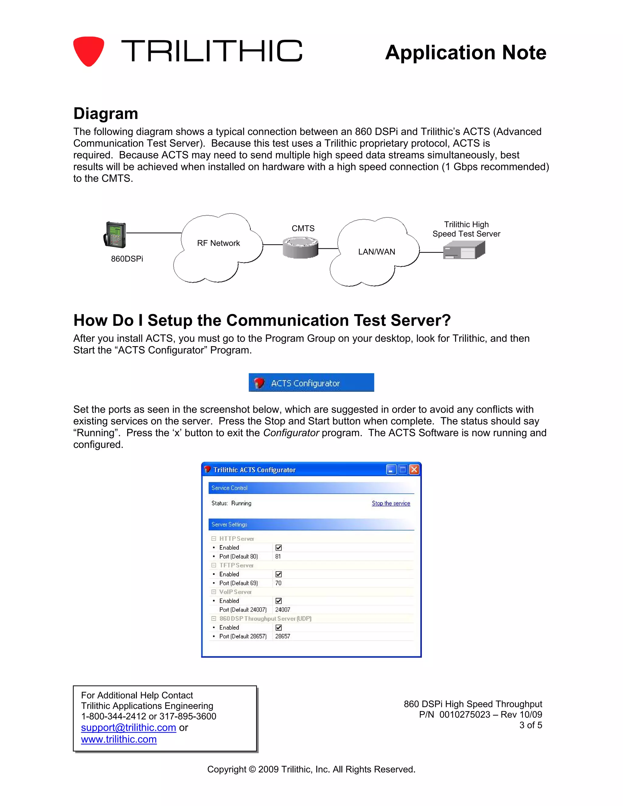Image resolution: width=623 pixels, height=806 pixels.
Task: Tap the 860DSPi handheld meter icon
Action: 115,235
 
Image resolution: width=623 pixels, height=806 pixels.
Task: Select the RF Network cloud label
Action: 218,243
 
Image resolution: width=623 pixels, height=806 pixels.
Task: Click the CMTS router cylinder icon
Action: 301,247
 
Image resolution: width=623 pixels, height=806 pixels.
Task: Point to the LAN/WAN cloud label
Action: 377,252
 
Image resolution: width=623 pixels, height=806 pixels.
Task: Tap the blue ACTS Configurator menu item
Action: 311,383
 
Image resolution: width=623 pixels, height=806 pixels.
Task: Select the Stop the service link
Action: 391,503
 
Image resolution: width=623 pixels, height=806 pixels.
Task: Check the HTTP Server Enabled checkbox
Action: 279,548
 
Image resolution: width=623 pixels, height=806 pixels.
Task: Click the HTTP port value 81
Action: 278,557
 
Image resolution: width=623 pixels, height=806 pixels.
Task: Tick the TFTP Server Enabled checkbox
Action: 279,574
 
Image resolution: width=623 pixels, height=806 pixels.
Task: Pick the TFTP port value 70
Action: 278,583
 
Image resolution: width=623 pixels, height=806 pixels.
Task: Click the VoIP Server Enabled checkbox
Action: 279,601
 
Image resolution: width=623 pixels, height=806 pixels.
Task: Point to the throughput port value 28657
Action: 283,636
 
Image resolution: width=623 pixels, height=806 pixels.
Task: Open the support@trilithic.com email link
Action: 128,728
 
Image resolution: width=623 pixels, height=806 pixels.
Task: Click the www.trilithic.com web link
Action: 119,739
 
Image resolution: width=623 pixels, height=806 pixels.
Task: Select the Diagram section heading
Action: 106,114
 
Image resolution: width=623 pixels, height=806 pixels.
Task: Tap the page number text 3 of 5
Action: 530,725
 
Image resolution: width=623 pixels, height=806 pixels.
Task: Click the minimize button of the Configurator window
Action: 391,469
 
